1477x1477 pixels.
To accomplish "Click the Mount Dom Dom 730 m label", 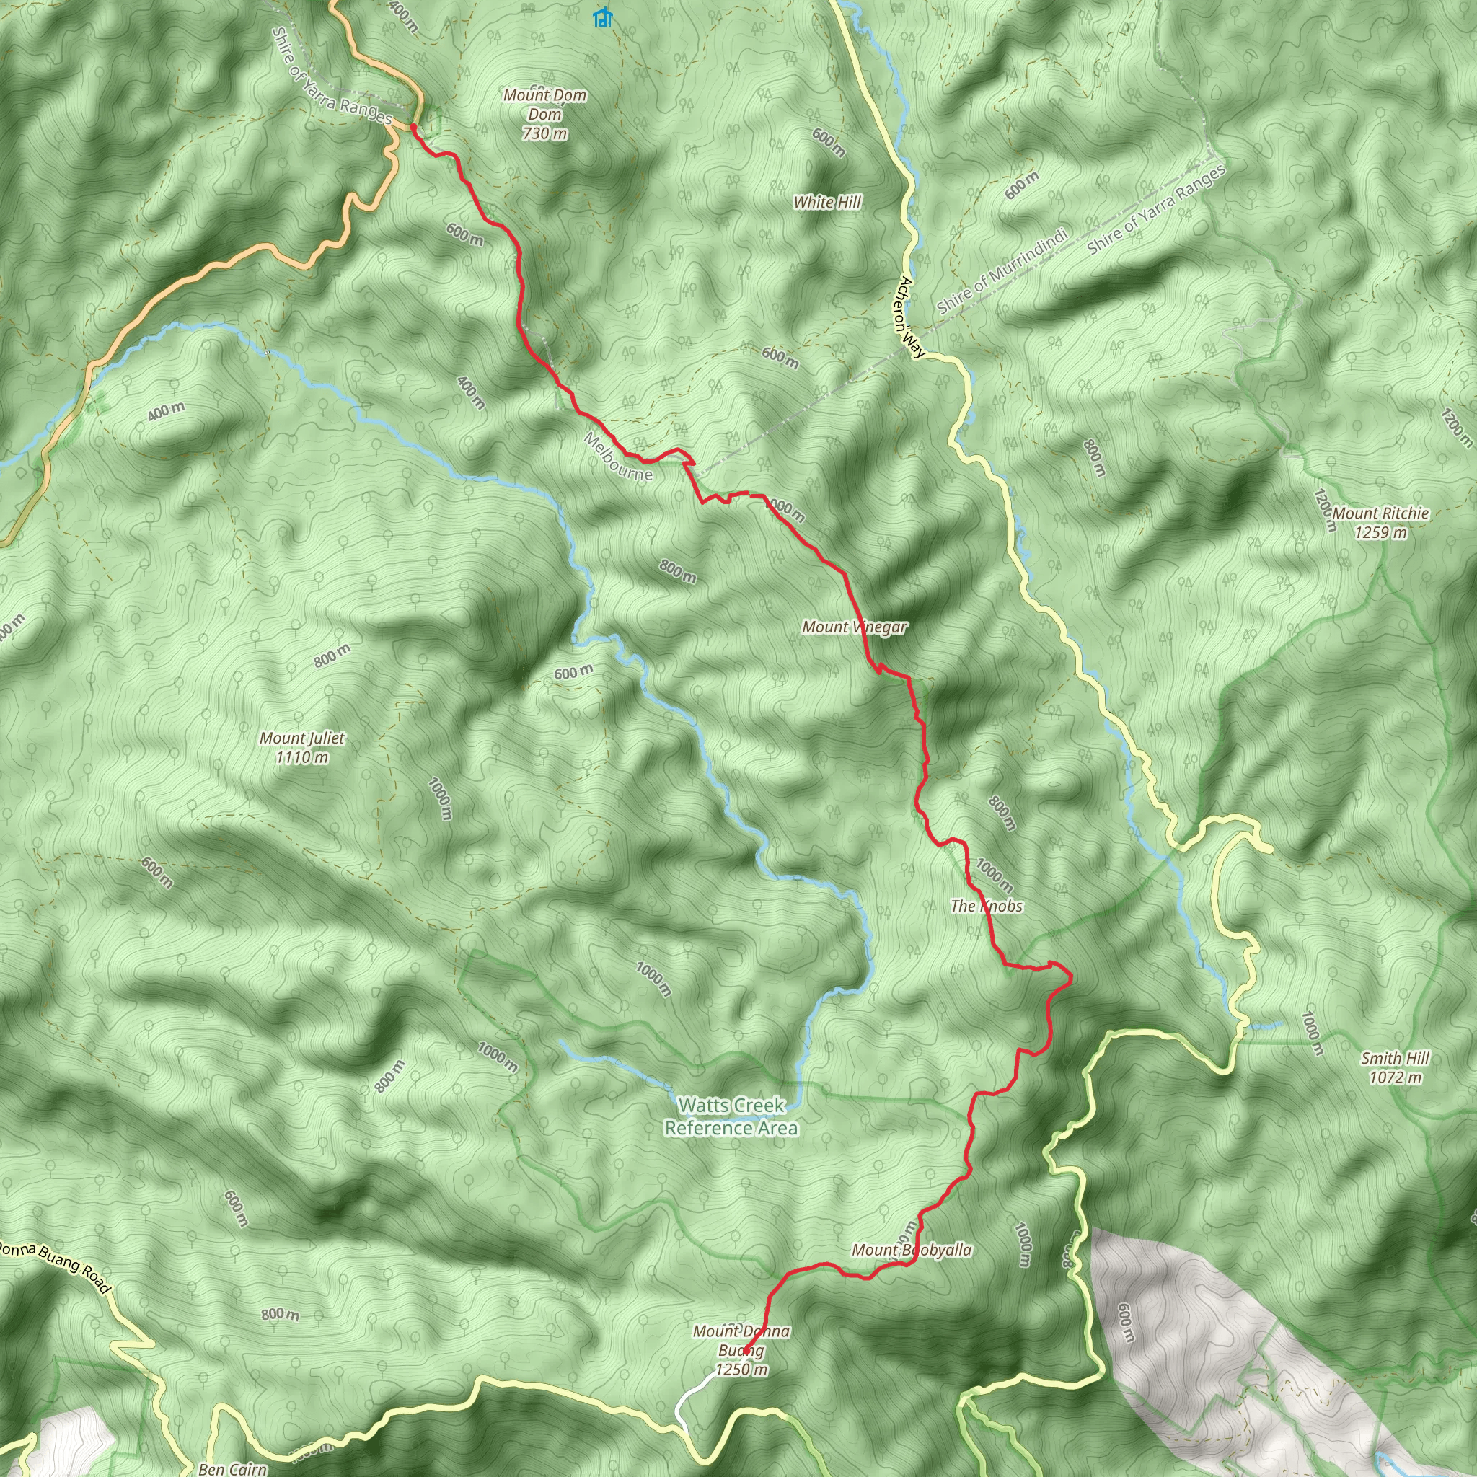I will click(x=544, y=114).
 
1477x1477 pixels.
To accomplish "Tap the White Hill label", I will click(x=827, y=202).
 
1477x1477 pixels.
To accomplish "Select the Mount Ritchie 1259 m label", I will click(x=1380, y=523).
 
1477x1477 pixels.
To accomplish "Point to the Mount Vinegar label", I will click(x=854, y=627).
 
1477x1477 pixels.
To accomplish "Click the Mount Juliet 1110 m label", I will click(x=302, y=748).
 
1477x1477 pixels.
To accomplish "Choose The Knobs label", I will click(x=986, y=906).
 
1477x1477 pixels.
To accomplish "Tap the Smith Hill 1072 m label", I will click(x=1396, y=1068).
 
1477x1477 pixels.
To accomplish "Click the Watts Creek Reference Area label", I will click(x=731, y=1116).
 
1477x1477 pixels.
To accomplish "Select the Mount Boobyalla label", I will click(x=912, y=1250).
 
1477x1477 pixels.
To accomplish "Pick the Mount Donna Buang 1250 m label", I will click(x=741, y=1350).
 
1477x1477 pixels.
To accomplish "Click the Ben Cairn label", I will click(x=232, y=1468).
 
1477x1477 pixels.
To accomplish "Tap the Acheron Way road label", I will click(x=912, y=317).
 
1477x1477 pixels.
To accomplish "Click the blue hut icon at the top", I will click(x=603, y=17).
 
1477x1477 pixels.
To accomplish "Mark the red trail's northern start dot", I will click(x=413, y=126).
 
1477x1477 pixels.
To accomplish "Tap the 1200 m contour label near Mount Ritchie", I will click(x=1324, y=511).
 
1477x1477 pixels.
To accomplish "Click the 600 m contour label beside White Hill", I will click(x=829, y=143).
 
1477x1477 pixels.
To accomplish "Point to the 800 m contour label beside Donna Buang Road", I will click(x=280, y=1314).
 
